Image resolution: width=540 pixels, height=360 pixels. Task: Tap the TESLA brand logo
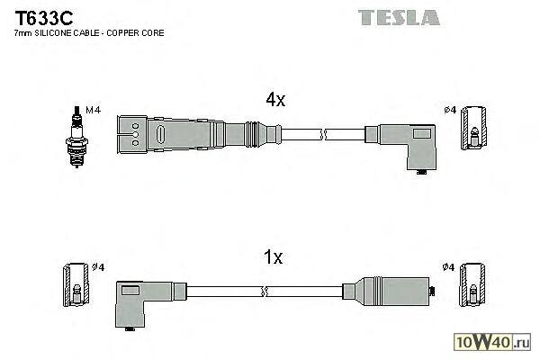[398, 17]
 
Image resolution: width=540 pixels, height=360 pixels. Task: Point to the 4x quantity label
[274, 102]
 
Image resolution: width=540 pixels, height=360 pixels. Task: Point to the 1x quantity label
[273, 259]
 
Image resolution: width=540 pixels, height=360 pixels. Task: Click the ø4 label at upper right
[451, 111]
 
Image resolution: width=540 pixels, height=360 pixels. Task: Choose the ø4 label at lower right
[450, 266]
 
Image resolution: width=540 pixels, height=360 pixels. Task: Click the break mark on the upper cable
[323, 134]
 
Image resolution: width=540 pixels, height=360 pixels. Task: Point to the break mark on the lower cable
[264, 291]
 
